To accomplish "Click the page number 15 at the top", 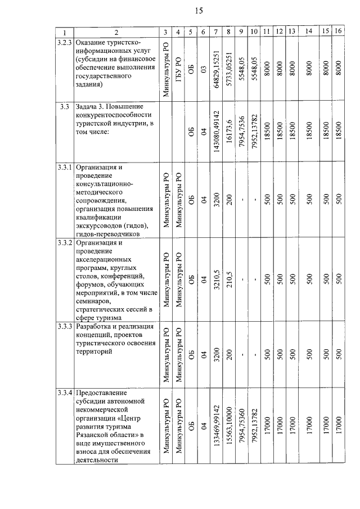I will (199, 10).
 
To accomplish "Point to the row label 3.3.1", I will (65, 167).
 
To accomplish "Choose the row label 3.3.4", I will (65, 392).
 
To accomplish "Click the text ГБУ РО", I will (178, 69).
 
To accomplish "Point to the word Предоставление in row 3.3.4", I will (101, 392).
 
